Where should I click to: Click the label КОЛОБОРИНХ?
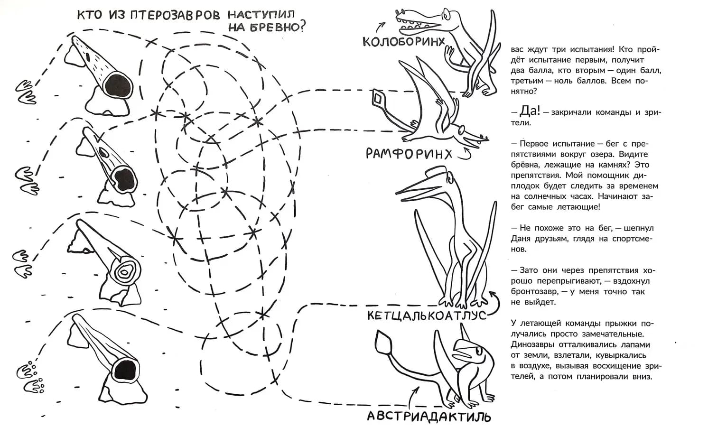(x=404, y=41)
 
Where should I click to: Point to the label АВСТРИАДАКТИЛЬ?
(x=429, y=417)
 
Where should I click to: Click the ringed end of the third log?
(x=126, y=272)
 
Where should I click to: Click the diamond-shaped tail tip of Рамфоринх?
(x=379, y=98)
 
